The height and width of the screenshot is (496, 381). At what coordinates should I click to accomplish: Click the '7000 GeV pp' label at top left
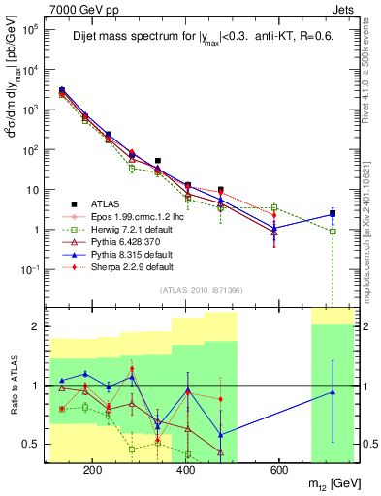click(x=76, y=9)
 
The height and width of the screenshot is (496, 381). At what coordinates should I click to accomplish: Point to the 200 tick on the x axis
click(x=93, y=470)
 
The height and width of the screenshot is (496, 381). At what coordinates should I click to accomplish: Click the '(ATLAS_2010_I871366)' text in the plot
click(x=201, y=291)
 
